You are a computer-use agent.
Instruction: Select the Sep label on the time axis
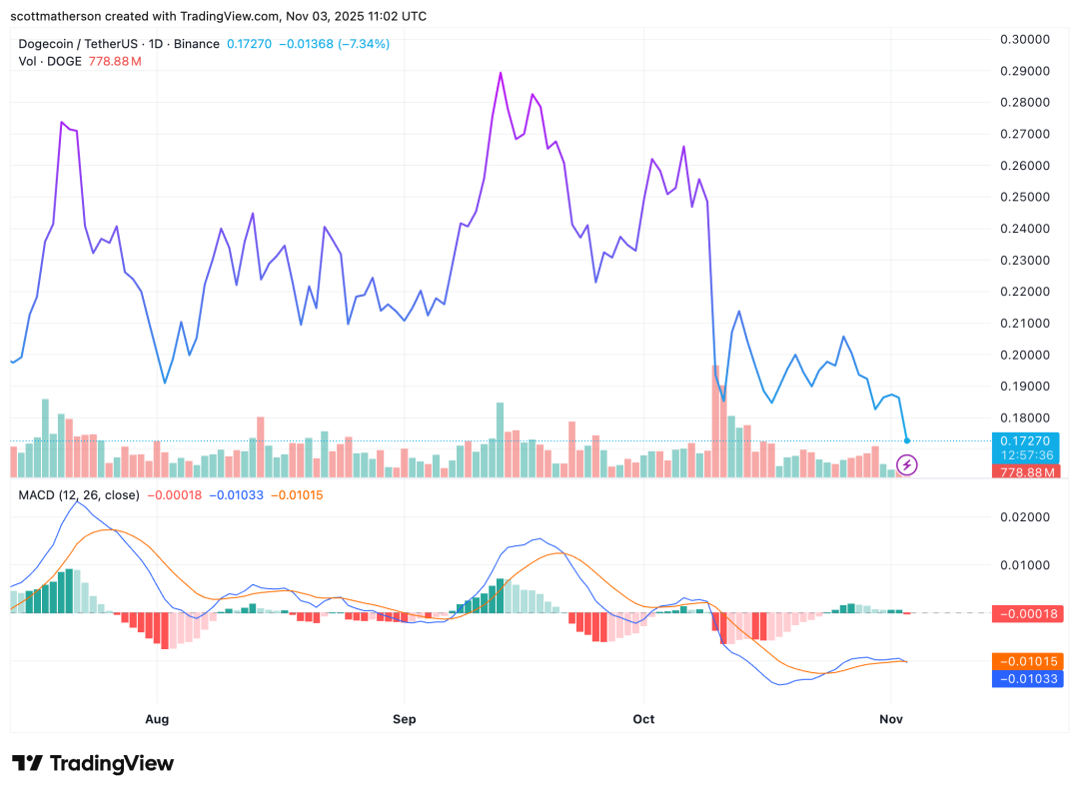pos(404,718)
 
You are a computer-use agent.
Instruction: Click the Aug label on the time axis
pos(157,718)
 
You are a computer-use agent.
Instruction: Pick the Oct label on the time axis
pos(643,718)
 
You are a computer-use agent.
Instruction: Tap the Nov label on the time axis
pos(890,718)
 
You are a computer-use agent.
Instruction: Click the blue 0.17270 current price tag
pos(1026,440)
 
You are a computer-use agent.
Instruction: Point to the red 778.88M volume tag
pos(1026,471)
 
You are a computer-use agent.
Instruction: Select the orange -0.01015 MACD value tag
pos(1026,661)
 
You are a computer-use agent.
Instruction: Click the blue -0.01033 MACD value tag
pos(1026,679)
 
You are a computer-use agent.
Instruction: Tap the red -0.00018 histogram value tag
pos(1026,614)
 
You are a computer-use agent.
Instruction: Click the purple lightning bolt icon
pos(907,464)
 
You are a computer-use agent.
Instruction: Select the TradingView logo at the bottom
pos(93,763)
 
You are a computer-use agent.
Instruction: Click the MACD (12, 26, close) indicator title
pos(79,494)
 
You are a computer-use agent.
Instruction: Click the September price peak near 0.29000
pos(500,73)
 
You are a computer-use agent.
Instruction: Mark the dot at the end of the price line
pos(907,440)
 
